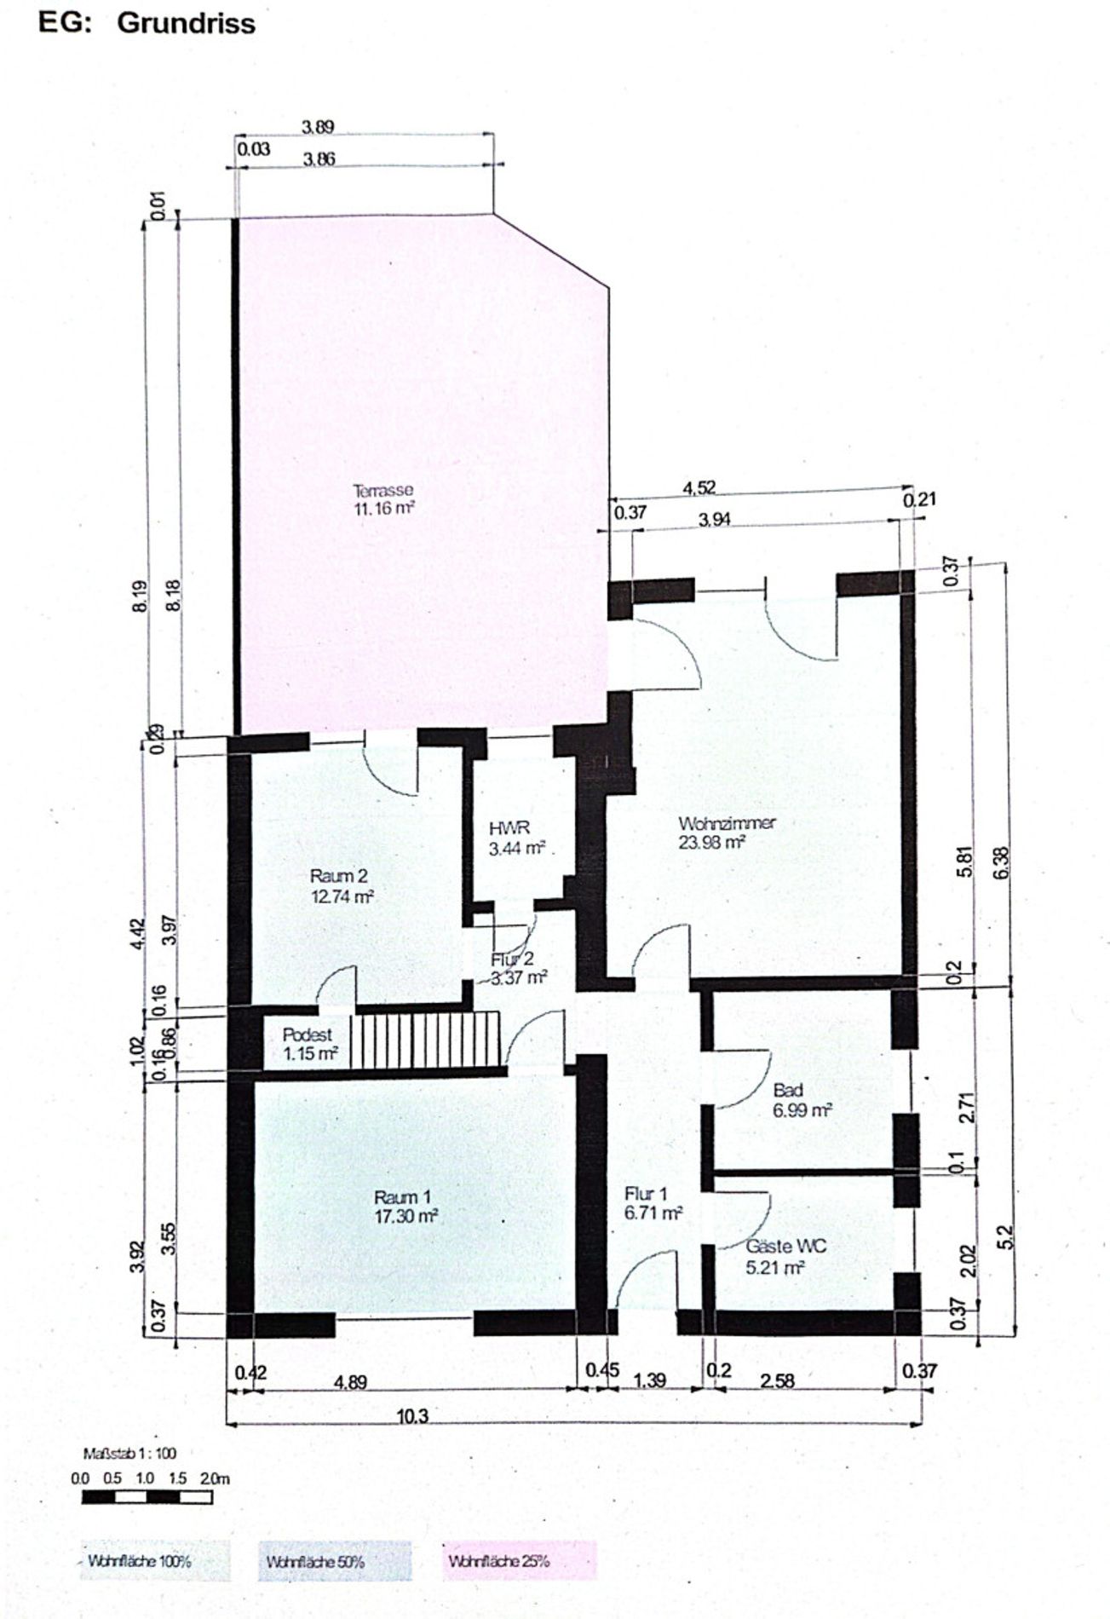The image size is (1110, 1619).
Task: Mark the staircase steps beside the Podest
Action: point(426,1038)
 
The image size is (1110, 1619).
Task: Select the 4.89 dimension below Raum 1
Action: point(351,1381)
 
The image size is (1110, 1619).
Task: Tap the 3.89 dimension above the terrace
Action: point(319,128)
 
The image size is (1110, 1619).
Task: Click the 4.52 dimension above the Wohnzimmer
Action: point(699,488)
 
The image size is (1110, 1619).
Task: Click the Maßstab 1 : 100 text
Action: point(129,1453)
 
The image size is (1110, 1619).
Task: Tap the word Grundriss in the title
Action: point(186,23)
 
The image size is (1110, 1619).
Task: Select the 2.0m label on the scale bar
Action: point(215,1478)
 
